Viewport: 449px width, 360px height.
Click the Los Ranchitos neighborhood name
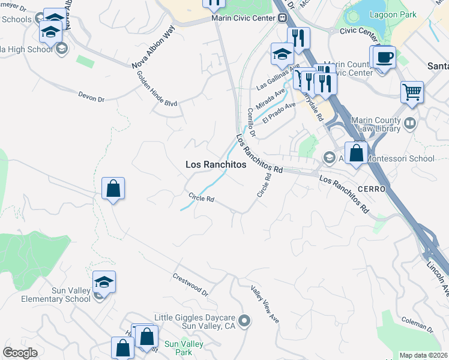(215, 164)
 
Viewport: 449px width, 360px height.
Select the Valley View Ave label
(265, 303)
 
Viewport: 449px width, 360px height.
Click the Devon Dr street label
(91, 95)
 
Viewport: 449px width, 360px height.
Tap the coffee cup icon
(384, 58)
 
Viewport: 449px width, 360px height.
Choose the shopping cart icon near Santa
(412, 92)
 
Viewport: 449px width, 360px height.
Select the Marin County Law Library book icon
(410, 124)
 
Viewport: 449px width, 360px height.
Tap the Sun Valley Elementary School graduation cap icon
(104, 282)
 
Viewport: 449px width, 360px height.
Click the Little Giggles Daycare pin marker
(244, 322)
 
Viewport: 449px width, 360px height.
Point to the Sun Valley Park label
(184, 349)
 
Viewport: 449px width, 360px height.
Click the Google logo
(20, 353)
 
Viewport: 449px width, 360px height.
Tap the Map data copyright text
(423, 355)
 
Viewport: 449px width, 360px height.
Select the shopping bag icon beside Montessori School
(357, 152)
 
